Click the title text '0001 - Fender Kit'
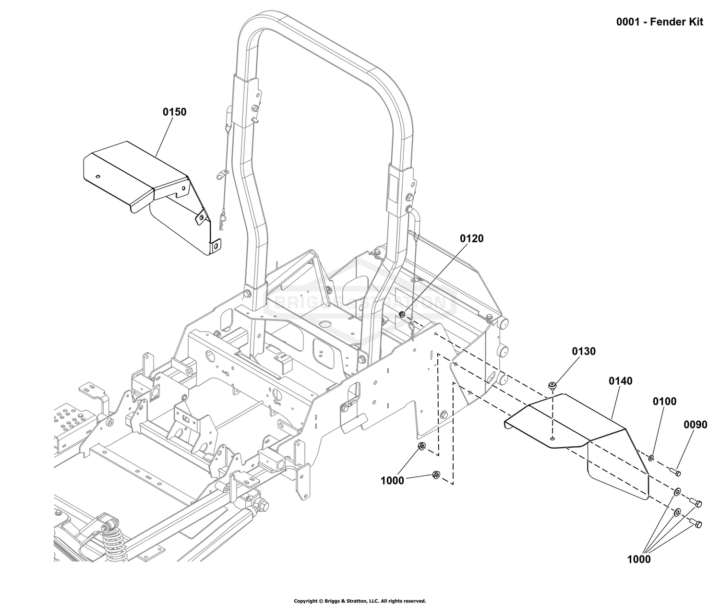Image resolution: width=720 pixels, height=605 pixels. tap(660, 22)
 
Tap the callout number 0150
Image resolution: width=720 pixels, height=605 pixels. tap(175, 112)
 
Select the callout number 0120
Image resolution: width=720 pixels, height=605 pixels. tap(472, 238)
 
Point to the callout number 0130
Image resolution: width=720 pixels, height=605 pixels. tap(584, 351)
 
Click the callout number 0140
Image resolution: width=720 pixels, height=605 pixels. tap(621, 381)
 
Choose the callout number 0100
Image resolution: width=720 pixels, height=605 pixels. tap(665, 401)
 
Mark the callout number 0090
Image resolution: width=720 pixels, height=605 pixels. tap(696, 425)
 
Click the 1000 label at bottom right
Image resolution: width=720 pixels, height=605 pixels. tap(638, 559)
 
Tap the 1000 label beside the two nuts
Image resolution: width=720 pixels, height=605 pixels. tap(392, 481)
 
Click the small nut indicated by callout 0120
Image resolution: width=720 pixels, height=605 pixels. tap(402, 314)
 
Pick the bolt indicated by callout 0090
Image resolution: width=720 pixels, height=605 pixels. tap(675, 471)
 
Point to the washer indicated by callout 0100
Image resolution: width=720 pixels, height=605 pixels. tap(651, 458)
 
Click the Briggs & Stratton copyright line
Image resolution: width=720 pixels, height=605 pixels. tap(360, 601)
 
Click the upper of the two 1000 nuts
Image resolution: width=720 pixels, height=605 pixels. tap(421, 446)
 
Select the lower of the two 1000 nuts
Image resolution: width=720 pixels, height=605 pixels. tap(435, 475)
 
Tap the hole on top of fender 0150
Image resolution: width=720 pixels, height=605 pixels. tap(98, 177)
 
